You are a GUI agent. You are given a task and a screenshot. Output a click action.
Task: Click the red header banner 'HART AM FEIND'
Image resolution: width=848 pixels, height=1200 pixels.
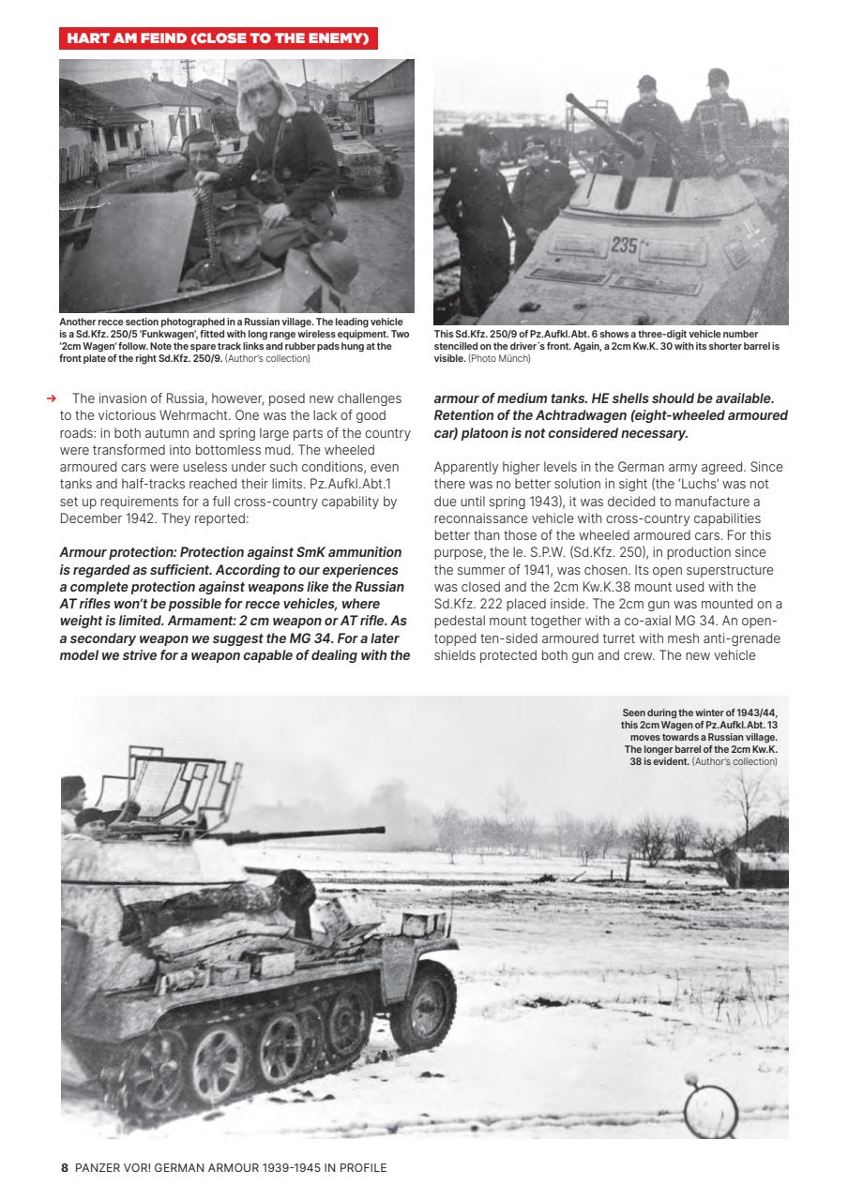[218, 38]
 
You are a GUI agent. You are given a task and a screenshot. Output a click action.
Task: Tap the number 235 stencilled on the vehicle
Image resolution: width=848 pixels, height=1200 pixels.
[624, 247]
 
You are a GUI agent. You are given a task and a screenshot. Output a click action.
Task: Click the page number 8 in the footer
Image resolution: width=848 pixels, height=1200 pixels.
[65, 1167]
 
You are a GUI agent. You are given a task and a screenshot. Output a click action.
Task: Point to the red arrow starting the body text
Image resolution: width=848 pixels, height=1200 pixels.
[52, 399]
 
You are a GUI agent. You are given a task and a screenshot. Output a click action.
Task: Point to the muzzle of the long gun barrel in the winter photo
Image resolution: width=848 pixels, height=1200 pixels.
[380, 831]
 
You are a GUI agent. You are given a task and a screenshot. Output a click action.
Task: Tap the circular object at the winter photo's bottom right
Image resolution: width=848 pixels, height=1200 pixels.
[710, 1111]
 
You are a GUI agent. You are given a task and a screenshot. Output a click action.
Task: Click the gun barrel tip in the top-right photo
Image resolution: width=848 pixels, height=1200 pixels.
[569, 98]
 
